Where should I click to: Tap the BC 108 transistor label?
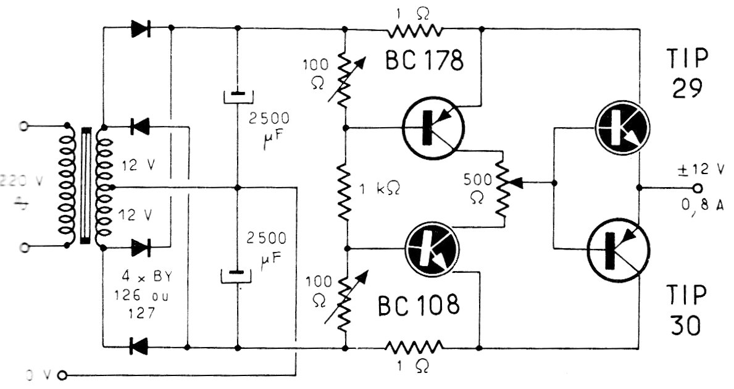[x=418, y=304]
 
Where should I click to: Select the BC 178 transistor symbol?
[x=433, y=128]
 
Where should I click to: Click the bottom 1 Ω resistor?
[x=415, y=347]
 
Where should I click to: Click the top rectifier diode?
[x=141, y=28]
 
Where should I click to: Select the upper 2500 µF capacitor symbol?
[x=238, y=97]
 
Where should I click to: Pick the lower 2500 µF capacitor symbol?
[x=238, y=273]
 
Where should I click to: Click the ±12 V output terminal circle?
[x=698, y=187]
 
